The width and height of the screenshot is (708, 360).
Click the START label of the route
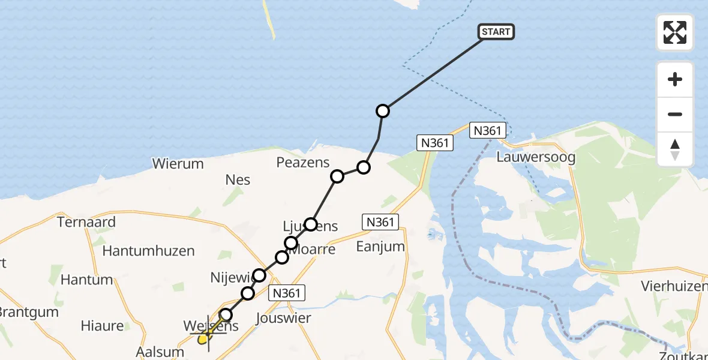(496, 32)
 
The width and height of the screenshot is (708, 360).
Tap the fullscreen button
(675, 32)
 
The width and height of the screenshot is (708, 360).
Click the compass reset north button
(675, 149)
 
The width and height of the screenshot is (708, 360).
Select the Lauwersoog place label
(536, 158)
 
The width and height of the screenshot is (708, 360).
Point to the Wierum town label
(178, 163)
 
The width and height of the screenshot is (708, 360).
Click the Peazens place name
(303, 162)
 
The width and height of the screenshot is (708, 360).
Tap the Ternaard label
(86, 221)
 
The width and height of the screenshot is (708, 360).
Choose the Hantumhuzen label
(148, 251)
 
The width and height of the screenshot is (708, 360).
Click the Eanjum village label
(380, 247)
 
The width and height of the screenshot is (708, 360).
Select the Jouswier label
(283, 317)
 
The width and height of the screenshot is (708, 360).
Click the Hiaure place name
(102, 326)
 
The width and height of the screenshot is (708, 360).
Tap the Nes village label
(238, 179)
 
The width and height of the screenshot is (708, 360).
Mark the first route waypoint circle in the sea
(383, 111)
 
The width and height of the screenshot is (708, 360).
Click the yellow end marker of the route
(203, 340)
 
